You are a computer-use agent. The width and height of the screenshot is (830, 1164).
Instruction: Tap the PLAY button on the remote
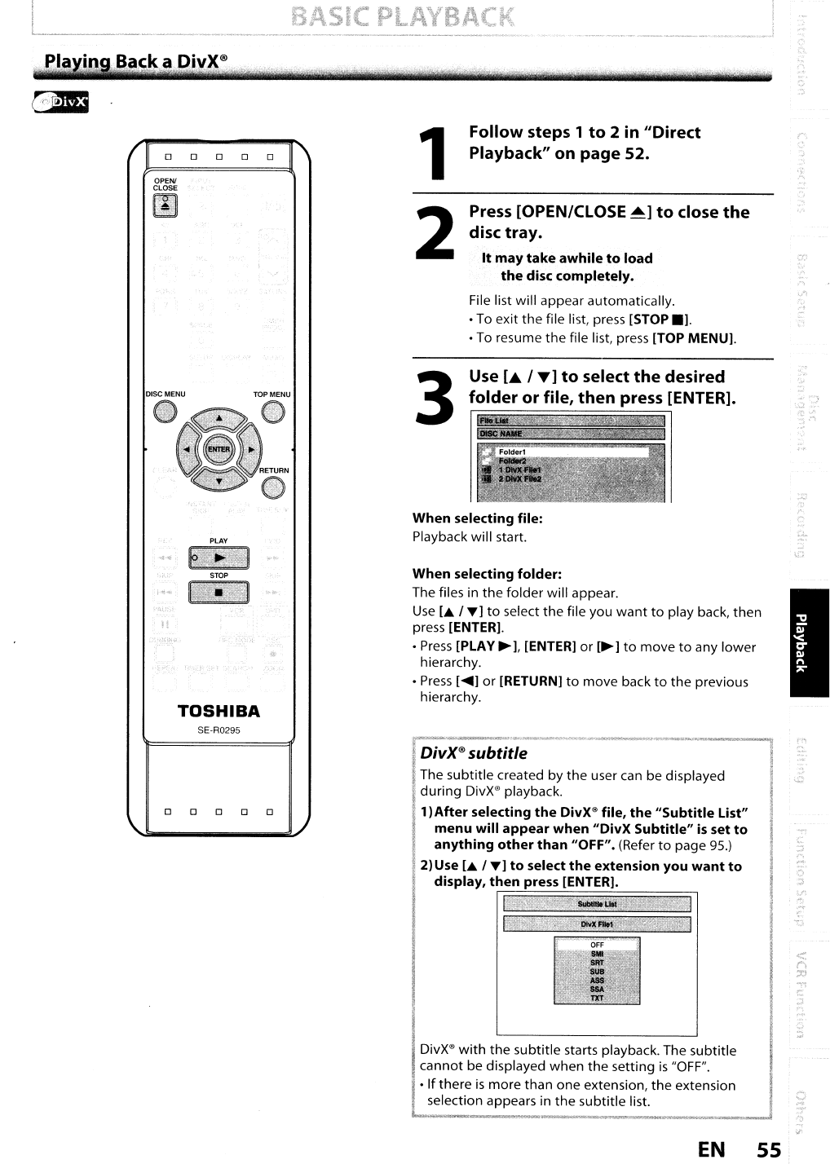[219, 558]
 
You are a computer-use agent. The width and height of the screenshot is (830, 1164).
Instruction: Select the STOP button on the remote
[219, 593]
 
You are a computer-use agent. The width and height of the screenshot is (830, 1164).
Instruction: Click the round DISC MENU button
[166, 413]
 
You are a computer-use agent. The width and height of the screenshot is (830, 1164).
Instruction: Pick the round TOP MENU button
[273, 413]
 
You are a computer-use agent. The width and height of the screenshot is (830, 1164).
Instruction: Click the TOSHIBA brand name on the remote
[219, 712]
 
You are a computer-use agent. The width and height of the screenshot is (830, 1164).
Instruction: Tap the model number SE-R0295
[219, 730]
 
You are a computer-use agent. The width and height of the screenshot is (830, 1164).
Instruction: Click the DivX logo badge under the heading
[60, 103]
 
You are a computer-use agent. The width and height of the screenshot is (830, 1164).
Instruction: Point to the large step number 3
[434, 397]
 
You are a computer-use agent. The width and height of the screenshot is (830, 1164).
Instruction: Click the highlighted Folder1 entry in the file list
[571, 452]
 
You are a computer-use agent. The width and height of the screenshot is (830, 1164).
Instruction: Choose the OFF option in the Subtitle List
[597, 946]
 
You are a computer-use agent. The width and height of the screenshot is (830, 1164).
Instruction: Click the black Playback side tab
[808, 642]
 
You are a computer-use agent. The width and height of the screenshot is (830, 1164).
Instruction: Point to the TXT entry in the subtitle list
[597, 998]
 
